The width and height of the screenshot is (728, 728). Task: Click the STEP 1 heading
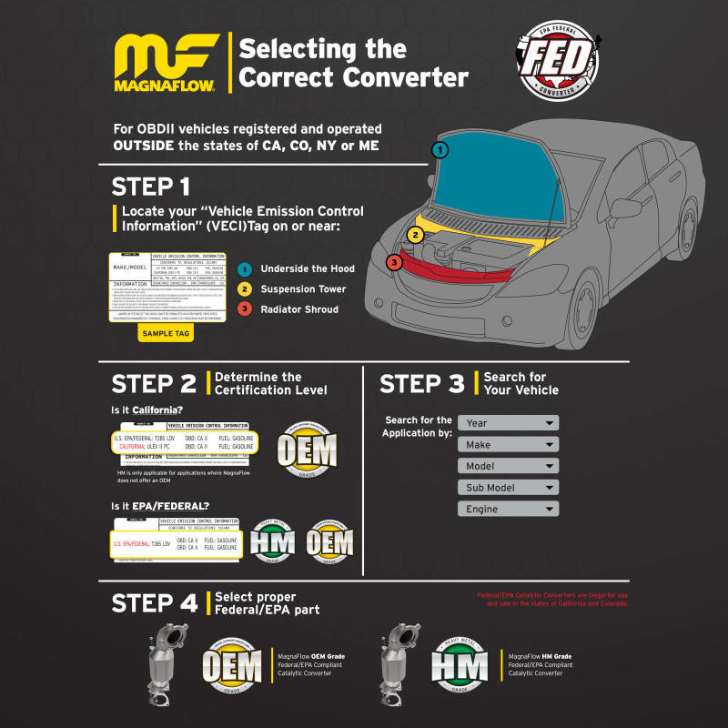tap(150, 187)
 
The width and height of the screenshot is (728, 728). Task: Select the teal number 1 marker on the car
tap(440, 149)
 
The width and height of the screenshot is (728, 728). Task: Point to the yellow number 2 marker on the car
tap(415, 235)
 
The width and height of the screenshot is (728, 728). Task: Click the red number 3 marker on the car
tap(393, 263)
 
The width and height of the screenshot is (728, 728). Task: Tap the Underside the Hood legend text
tap(307, 268)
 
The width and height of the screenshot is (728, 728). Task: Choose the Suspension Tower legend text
tap(303, 288)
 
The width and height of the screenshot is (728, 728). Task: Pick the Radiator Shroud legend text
tap(299, 308)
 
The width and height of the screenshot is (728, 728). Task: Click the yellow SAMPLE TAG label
tap(166, 334)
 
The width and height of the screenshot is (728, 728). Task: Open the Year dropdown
tap(508, 423)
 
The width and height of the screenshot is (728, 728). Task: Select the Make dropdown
tap(508, 445)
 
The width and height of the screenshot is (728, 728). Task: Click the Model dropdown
tap(508, 466)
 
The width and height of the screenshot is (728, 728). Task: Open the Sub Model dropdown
tap(508, 488)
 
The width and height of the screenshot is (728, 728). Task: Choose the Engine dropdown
tap(508, 510)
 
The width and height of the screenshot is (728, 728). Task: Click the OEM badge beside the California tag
tap(306, 450)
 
